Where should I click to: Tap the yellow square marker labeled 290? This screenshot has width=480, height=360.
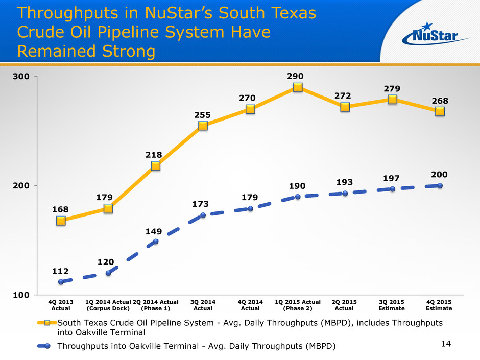pyautogui.click(x=298, y=87)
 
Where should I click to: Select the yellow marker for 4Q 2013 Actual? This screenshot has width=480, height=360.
pyautogui.click(x=61, y=221)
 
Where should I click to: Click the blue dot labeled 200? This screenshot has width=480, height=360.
pyautogui.click(x=440, y=186)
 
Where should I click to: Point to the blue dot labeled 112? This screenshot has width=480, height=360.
pyautogui.click(x=61, y=282)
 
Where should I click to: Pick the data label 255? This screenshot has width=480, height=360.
pyautogui.click(x=203, y=115)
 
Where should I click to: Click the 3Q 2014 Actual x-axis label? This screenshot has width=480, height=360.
pyautogui.click(x=203, y=305)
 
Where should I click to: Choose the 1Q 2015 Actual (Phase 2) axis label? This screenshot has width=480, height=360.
pyautogui.click(x=298, y=305)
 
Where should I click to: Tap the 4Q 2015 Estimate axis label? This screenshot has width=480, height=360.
pyautogui.click(x=439, y=305)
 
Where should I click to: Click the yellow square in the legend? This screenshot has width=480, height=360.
pyautogui.click(x=47, y=323)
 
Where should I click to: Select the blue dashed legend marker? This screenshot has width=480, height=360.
pyautogui.click(x=47, y=346)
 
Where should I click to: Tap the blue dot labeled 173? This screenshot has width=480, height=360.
pyautogui.click(x=203, y=215)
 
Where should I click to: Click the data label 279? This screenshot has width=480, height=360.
pyautogui.click(x=392, y=89)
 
